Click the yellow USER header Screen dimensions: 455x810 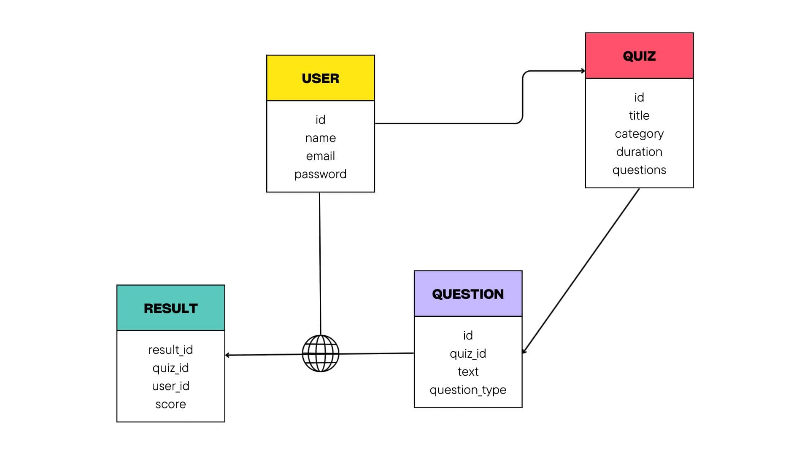(320, 78)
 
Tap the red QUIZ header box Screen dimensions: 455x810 (639, 56)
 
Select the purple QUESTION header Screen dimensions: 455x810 (467, 294)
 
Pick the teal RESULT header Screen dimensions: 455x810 (170, 308)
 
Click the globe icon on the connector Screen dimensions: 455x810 (321, 353)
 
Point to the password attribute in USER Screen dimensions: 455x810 (320, 174)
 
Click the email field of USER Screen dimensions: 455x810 (320, 156)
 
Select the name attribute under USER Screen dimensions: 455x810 (320, 138)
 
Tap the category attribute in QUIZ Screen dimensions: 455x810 (639, 134)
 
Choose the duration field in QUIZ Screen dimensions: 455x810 (639, 152)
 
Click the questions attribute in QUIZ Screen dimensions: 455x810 (639, 170)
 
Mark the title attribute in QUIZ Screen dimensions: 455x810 (639, 115)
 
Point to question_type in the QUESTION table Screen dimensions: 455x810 (467, 390)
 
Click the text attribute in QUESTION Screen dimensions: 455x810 (467, 372)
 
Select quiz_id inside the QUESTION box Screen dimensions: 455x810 (467, 353)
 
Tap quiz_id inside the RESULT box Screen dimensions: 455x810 (170, 368)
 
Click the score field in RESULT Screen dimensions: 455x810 (170, 404)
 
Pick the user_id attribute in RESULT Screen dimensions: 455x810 (170, 386)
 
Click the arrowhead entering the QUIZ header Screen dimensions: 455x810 (583, 71)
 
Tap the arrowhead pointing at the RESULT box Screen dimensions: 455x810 (228, 355)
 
